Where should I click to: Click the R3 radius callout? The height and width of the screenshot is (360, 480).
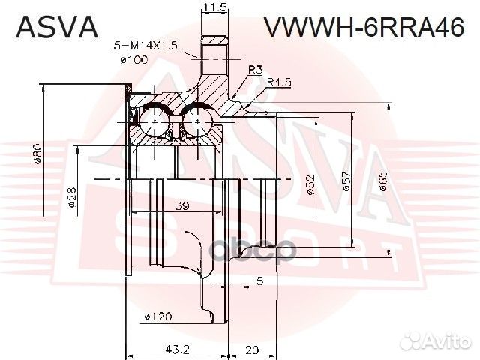tap(255, 70)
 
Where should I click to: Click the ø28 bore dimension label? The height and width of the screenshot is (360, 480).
tap(72, 196)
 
